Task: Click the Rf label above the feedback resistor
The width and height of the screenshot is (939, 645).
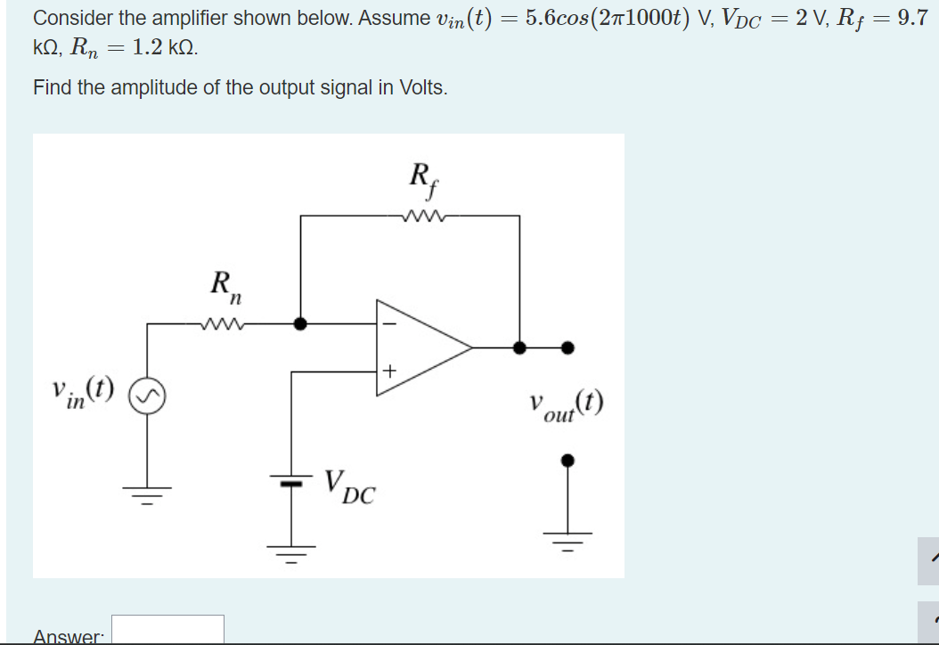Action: coord(421,176)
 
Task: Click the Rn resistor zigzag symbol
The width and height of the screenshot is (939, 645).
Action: coord(220,324)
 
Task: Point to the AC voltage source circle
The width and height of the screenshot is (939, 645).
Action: coord(147,394)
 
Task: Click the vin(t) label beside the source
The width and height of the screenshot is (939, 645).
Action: coord(84,390)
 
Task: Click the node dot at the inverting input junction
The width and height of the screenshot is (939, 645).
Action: coord(301,324)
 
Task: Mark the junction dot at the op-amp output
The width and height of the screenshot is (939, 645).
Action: coord(520,347)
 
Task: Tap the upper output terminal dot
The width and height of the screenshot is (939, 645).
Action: coord(567,347)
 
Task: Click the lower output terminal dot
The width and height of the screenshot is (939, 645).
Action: coord(567,461)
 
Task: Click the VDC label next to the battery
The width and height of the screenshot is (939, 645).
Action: coord(349,486)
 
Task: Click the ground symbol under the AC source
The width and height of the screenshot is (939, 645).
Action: coord(147,493)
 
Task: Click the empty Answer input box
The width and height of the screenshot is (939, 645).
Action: coord(167,630)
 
